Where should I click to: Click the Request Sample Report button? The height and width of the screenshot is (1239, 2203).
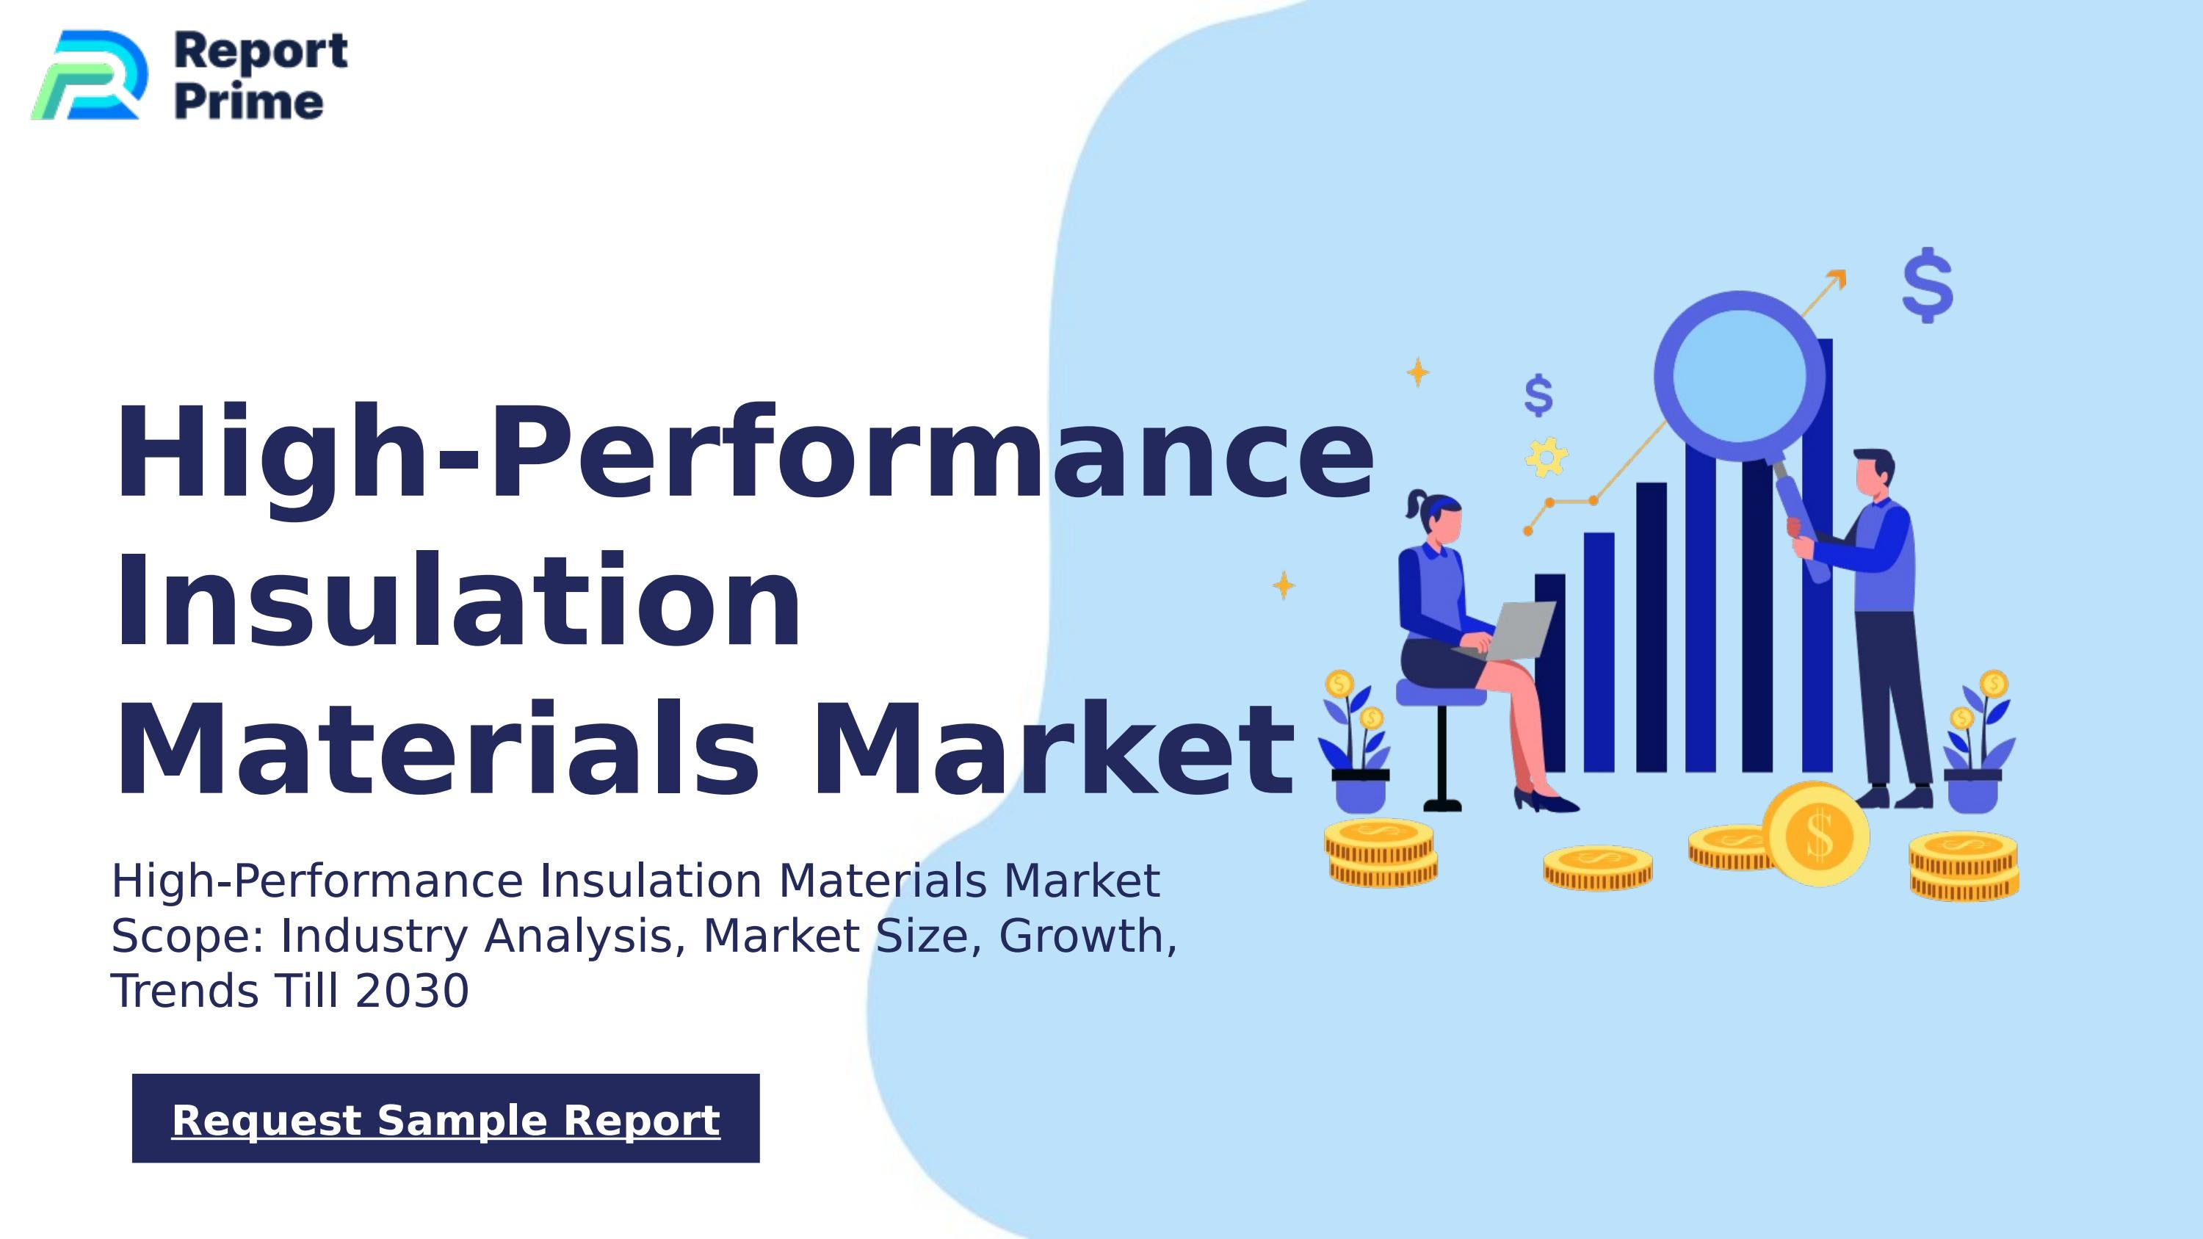click(446, 1119)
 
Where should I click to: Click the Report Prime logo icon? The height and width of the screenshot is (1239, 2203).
click(87, 75)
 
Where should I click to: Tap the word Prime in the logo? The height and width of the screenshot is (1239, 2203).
click(249, 102)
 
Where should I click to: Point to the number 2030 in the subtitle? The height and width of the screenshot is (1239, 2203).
click(412, 991)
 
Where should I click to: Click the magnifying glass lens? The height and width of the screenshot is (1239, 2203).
click(1739, 375)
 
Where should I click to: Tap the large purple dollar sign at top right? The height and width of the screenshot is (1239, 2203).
click(1928, 285)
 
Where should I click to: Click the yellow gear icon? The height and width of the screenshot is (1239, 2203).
click(1547, 458)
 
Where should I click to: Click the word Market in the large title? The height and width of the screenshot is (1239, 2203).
click(1052, 749)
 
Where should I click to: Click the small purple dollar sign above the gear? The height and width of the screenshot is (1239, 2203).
click(1538, 395)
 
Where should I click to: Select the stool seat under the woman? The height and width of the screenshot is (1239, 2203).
click(1440, 693)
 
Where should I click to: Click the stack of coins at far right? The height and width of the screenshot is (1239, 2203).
click(1964, 866)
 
